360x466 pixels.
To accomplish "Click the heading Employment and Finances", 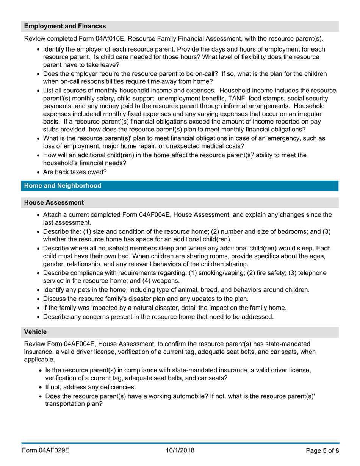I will tap(65, 27).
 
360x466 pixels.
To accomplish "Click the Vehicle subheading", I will tap(35, 332).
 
